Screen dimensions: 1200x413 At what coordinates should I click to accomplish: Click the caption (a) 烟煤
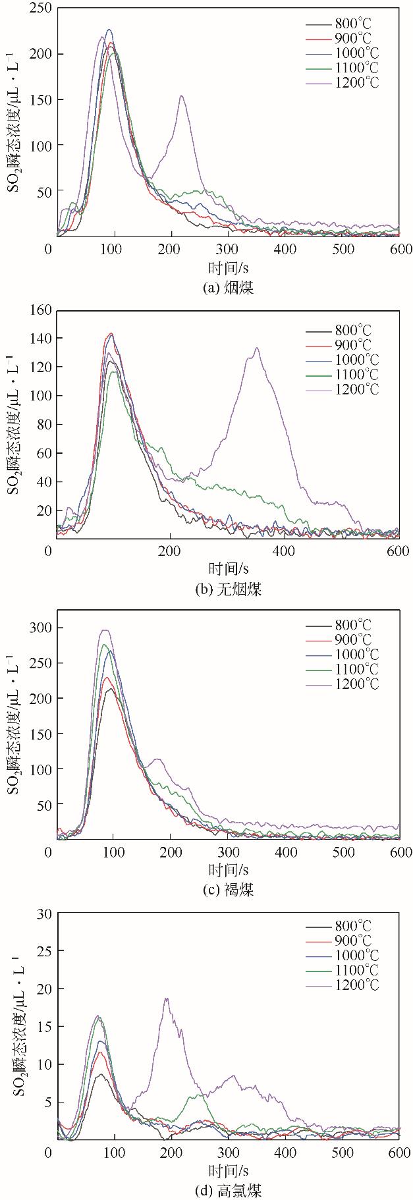[228, 287]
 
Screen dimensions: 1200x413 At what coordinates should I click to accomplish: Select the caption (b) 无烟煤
[228, 589]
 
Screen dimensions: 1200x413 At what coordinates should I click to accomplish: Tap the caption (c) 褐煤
[228, 890]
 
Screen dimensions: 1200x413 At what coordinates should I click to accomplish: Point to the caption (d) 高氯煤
[228, 1190]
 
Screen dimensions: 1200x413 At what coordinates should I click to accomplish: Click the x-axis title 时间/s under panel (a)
[229, 267]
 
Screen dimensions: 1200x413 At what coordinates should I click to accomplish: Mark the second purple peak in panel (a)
[181, 96]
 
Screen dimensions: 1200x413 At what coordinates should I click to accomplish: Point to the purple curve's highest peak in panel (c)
[104, 630]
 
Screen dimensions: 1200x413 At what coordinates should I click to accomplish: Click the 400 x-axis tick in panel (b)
[285, 551]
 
